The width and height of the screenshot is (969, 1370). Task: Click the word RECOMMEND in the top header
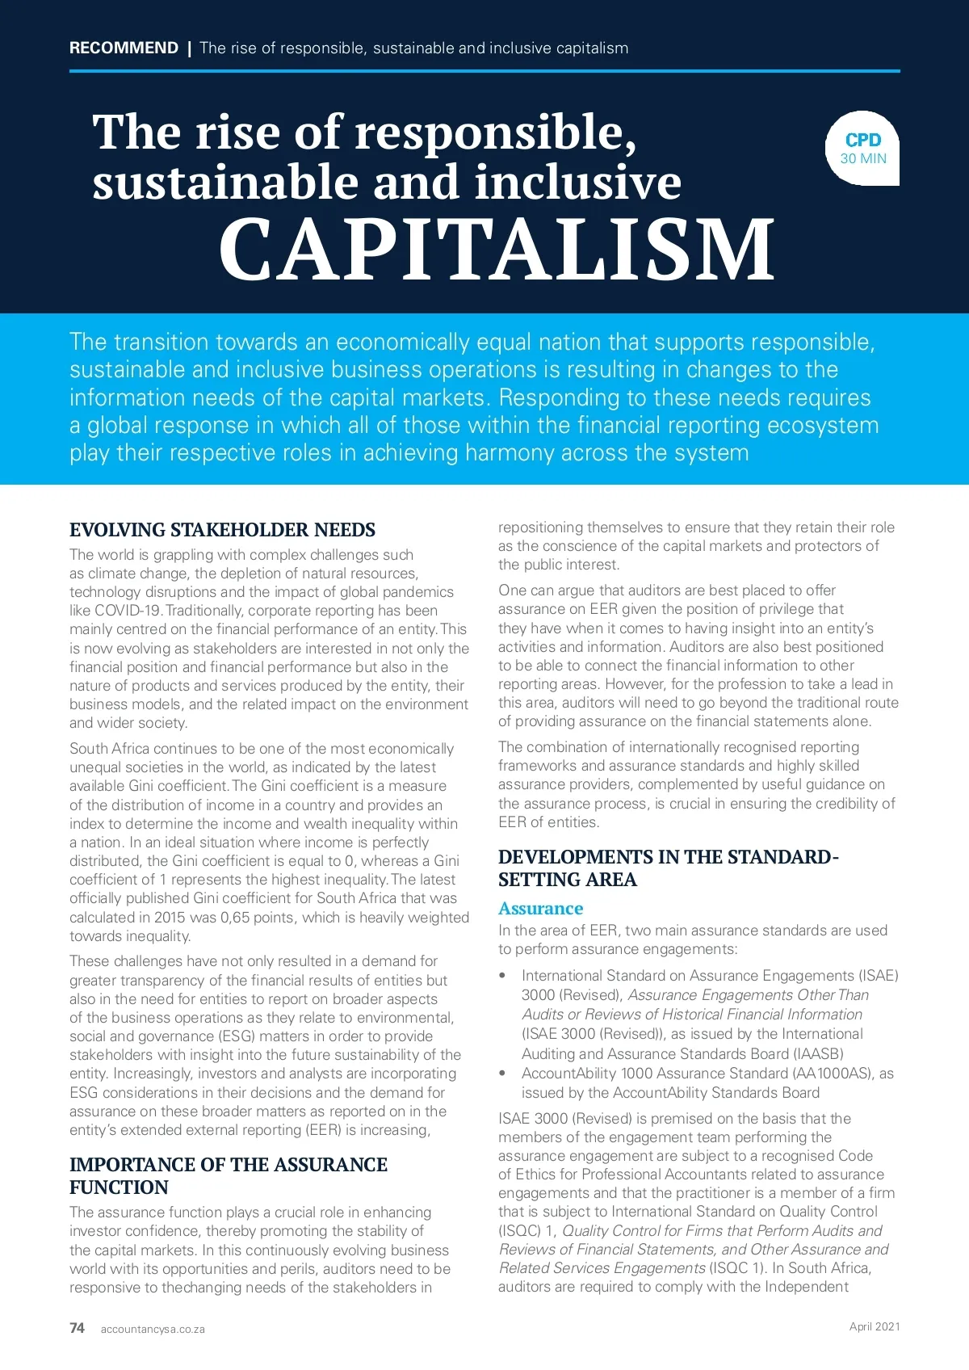click(124, 48)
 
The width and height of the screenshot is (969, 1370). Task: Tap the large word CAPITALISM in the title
click(496, 250)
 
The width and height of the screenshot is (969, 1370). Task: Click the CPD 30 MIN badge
click(862, 149)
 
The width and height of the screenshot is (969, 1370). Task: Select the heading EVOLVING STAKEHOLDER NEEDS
click(222, 530)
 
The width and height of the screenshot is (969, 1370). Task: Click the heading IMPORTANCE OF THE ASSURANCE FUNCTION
click(228, 1175)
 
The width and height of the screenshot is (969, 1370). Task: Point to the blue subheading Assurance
click(540, 908)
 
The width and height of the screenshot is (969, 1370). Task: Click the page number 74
click(77, 1328)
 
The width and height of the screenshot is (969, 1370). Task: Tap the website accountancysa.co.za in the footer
click(153, 1329)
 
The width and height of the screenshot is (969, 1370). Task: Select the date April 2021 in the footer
click(874, 1326)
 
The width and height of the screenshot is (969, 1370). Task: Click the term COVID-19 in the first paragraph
click(128, 611)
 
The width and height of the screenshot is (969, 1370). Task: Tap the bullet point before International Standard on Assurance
click(502, 976)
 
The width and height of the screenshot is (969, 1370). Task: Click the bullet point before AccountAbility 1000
click(502, 1074)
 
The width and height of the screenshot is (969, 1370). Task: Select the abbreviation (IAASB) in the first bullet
click(819, 1053)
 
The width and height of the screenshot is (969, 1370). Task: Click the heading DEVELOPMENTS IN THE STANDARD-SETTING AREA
click(668, 868)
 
